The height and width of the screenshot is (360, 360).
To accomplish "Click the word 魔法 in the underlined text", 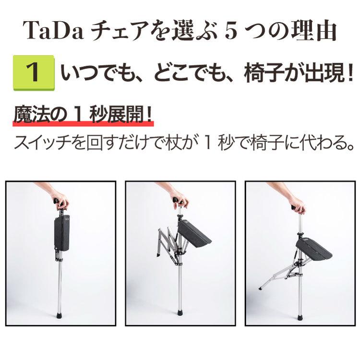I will (x=29, y=116).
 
